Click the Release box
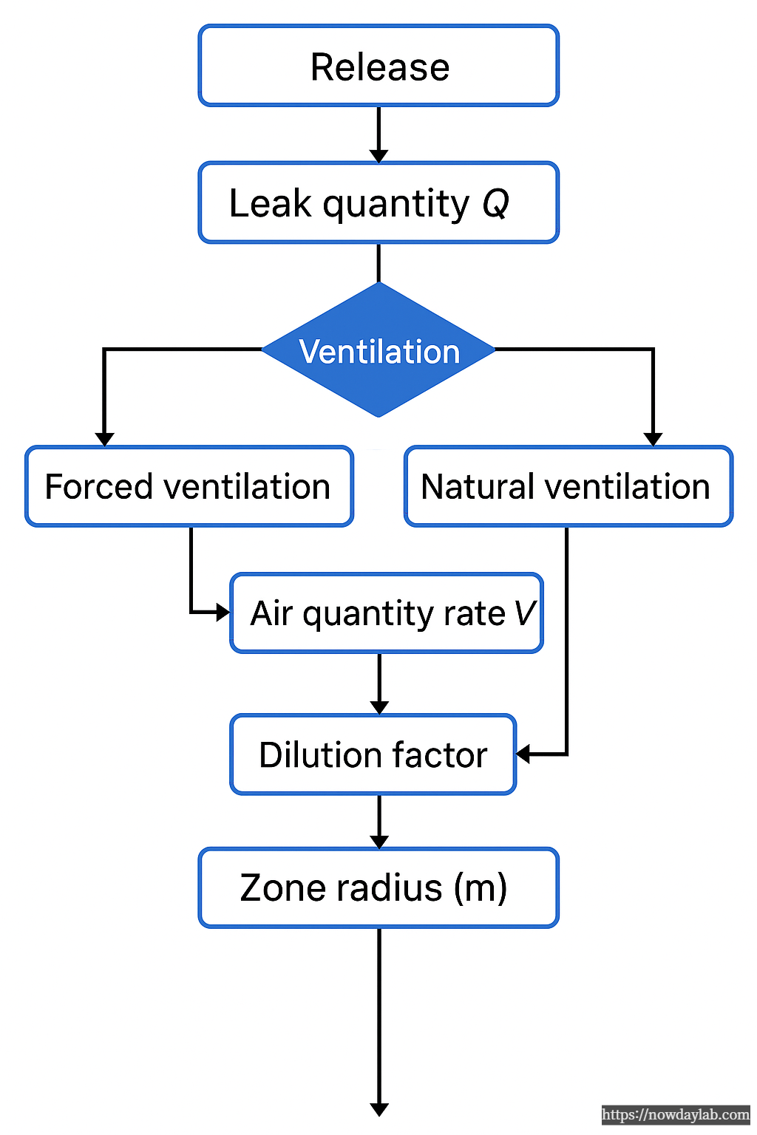coord(378,67)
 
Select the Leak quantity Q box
coord(378,202)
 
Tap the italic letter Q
coord(496,203)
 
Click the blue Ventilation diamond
coord(378,350)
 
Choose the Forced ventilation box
coord(189,486)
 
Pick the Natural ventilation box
coord(568,486)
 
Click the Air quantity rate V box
coord(387,613)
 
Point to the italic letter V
coord(524,613)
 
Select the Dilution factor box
coord(373,754)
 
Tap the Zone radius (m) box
coord(378,887)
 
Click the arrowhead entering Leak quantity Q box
coord(378,155)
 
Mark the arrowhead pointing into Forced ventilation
coord(104,439)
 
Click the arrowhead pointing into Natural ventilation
coord(653,439)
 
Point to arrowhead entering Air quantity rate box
coord(223,613)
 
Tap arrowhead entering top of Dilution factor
coord(379,707)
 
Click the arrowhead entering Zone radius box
coord(379,842)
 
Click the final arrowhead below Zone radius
coord(379,1109)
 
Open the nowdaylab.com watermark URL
coord(675,1114)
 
